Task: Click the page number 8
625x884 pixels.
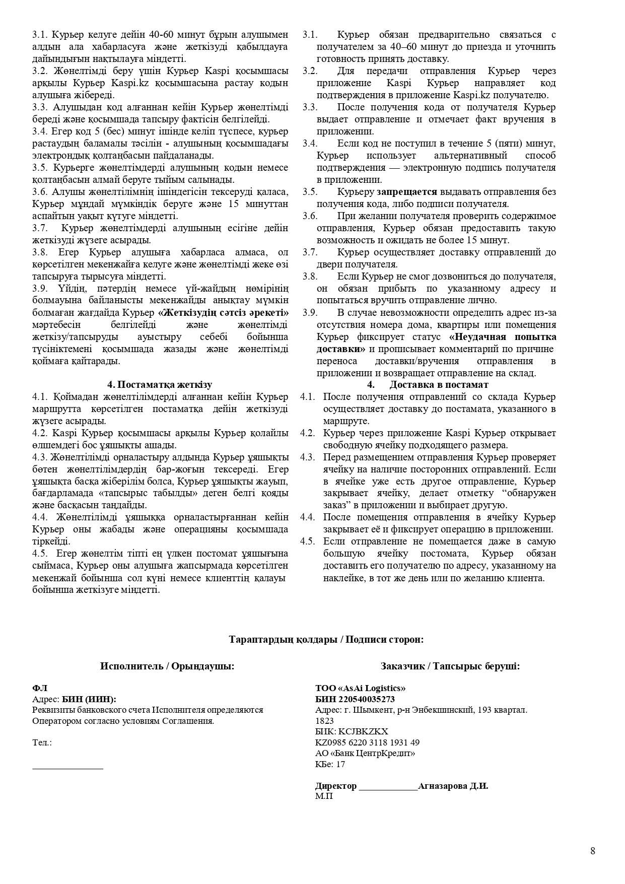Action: pyautogui.click(x=593, y=851)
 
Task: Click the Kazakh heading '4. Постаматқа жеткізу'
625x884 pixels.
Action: pyautogui.click(x=160, y=385)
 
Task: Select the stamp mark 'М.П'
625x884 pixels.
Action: pyautogui.click(x=324, y=796)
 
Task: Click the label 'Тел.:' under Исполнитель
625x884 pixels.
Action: pyautogui.click(x=42, y=742)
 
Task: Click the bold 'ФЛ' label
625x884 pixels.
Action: pyautogui.click(x=39, y=688)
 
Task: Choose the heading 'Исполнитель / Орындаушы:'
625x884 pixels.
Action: pyautogui.click(x=167, y=666)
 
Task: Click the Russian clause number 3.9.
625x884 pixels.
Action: pyautogui.click(x=309, y=313)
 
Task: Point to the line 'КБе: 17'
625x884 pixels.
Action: pyautogui.click(x=330, y=764)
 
